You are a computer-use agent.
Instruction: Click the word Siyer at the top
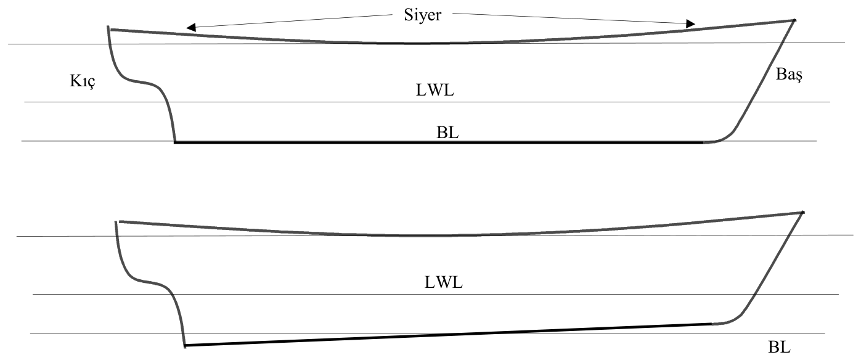click(422, 15)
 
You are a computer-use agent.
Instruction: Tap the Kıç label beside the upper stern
click(82, 81)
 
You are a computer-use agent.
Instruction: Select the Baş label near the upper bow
click(789, 74)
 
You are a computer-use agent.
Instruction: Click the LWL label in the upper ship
click(435, 91)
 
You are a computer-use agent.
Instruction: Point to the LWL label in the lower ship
click(443, 283)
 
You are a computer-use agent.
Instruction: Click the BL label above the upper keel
click(447, 133)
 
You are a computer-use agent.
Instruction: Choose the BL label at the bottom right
click(779, 347)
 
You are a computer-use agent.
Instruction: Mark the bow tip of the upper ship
click(794, 20)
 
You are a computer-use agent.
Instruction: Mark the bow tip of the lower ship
click(803, 212)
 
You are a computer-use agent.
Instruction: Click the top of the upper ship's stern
click(108, 27)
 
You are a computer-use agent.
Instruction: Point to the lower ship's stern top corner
click(116, 221)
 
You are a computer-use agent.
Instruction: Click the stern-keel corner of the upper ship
click(175, 142)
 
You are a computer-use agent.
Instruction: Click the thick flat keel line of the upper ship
click(439, 142)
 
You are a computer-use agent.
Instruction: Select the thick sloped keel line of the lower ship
click(448, 335)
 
